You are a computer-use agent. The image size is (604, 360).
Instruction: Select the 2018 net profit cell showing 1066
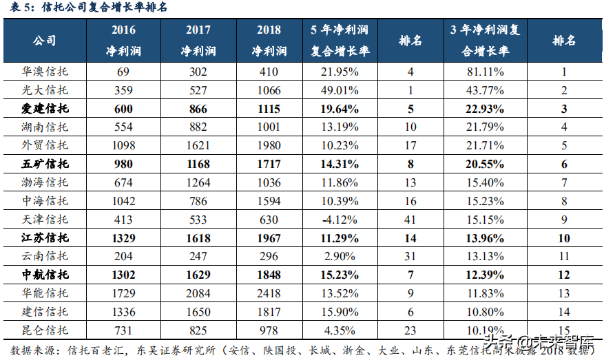[269, 89]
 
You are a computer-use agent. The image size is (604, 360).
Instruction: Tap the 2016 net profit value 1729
[123, 293]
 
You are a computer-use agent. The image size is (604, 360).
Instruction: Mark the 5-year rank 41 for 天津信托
[410, 219]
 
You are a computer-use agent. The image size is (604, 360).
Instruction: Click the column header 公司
[45, 41]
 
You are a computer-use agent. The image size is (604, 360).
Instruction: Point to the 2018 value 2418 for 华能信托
[269, 293]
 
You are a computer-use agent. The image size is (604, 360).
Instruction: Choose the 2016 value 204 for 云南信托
[123, 256]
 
